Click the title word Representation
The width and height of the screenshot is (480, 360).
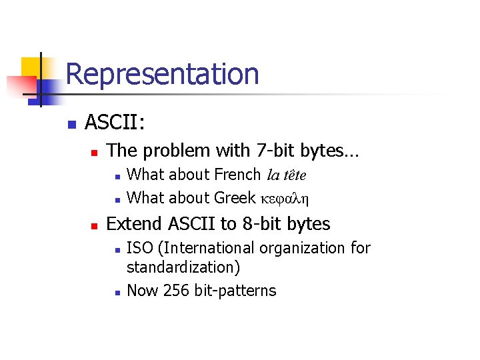point(162,74)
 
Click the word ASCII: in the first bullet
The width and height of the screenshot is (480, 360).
point(116,123)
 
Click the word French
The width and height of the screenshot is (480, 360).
point(238,175)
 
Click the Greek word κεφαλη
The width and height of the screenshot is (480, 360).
point(285,199)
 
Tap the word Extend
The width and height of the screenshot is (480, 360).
point(132,223)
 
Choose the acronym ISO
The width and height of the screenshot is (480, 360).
point(139,248)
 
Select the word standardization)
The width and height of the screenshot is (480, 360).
point(183,267)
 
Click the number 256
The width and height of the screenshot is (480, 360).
point(175,291)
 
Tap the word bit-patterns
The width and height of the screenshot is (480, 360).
point(235,291)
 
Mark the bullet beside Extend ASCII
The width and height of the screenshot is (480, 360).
point(94,225)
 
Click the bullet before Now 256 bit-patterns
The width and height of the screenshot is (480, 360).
point(117,292)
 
